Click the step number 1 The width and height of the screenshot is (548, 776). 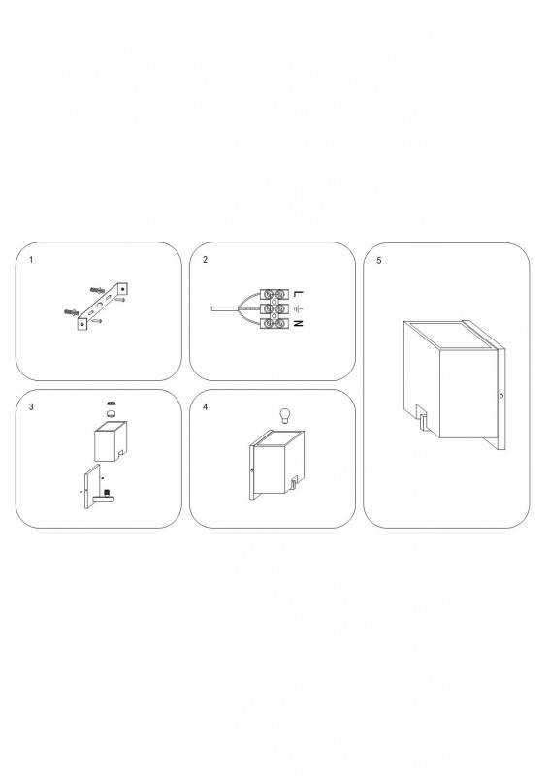tap(31, 260)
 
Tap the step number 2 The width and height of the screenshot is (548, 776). tap(205, 260)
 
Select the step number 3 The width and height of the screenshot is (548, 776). tap(31, 407)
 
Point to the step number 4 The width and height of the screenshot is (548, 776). tap(205, 407)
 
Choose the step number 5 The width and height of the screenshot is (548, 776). tap(379, 260)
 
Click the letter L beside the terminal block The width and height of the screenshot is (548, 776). tap(297, 294)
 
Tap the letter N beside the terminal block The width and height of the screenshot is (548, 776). tap(297, 324)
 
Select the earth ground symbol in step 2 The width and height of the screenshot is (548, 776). tap(297, 309)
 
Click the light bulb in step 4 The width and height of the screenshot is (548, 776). tap(283, 416)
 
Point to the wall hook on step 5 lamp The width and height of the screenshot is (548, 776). tap(423, 422)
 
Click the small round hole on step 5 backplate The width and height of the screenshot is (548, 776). tap(500, 396)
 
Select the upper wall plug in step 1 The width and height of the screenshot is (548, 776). tap(98, 288)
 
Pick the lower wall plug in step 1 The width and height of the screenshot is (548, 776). tap(71, 311)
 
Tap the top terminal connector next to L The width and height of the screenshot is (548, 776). tap(275, 294)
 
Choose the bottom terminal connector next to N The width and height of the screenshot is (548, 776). tap(275, 325)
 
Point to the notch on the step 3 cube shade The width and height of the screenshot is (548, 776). tap(122, 453)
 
